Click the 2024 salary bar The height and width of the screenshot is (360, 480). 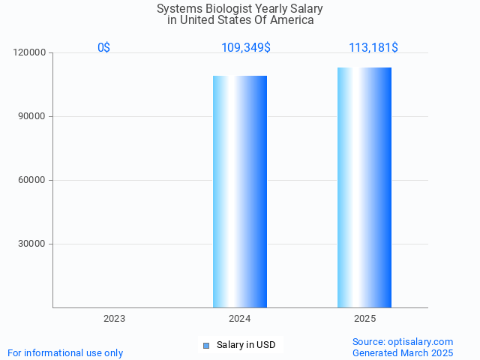(240, 191)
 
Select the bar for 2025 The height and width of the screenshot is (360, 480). (364, 187)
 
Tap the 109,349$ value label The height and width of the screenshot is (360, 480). (246, 47)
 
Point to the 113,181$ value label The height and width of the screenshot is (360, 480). (373, 47)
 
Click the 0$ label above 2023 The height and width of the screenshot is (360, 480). (103, 47)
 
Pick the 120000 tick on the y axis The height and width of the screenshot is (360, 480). (30, 52)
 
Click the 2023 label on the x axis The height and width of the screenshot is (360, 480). (114, 319)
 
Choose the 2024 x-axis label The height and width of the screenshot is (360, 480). (239, 319)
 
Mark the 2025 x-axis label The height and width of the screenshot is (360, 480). (364, 319)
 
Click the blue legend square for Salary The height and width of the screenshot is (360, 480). (206, 345)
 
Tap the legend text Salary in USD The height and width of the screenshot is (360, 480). (246, 345)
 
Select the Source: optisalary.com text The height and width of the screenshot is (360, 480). (403, 341)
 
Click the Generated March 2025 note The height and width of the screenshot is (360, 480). (403, 352)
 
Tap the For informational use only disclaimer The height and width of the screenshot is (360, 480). (65, 352)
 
